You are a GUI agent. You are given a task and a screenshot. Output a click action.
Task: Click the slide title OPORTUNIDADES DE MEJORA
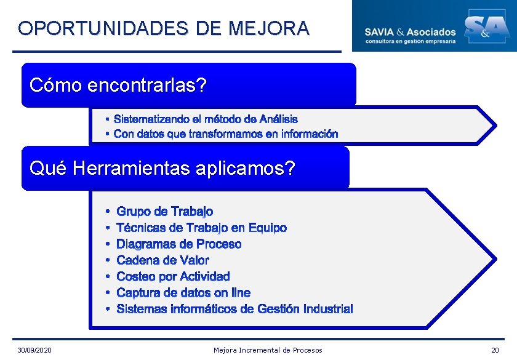[164, 28]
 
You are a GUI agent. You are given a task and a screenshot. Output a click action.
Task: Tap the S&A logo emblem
[486, 26]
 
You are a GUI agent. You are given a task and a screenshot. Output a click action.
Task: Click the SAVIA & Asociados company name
[410, 31]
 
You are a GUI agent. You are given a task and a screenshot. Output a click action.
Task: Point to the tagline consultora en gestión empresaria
[411, 41]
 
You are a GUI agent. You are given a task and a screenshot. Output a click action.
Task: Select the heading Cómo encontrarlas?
[118, 85]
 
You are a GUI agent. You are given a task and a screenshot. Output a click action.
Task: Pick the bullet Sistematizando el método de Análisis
[206, 119]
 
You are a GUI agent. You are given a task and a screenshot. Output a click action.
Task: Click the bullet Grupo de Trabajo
[164, 212]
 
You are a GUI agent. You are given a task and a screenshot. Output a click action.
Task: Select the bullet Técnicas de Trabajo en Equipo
[201, 228]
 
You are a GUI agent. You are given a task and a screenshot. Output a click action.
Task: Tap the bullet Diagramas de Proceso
[178, 244]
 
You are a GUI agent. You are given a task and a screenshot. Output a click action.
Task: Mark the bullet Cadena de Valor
[162, 260]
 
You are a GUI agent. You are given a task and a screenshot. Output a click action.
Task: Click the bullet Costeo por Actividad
[173, 276]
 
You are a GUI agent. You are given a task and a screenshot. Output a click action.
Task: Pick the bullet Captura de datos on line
[183, 292]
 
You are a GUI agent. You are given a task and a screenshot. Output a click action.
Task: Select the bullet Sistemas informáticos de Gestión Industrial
[234, 308]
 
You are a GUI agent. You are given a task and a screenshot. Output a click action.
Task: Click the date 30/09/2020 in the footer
[34, 350]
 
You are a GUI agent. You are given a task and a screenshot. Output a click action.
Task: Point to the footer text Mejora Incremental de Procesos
[268, 350]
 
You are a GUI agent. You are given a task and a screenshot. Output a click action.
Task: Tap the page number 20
[495, 350]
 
